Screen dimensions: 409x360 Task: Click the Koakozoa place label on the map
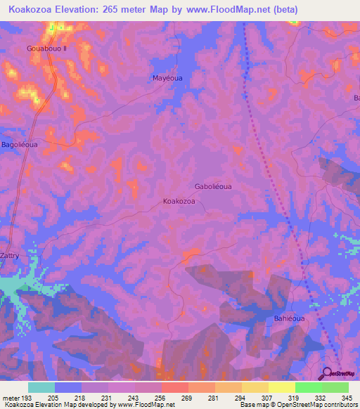coord(179,201)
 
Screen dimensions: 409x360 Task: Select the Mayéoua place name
coord(167,78)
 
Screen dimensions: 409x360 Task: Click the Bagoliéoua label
coord(19,145)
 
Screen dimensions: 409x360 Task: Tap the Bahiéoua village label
coord(288,318)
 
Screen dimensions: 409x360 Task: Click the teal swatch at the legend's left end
coord(41,387)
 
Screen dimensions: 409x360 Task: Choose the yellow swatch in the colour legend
coord(282,387)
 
